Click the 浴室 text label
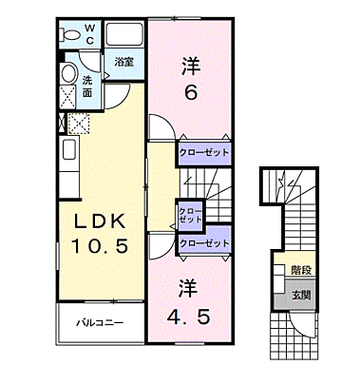pyautogui.click(x=124, y=62)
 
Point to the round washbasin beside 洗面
pyautogui.click(x=68, y=74)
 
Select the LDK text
pyautogui.click(x=94, y=221)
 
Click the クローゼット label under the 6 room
pyautogui.click(x=205, y=151)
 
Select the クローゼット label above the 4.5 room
pyautogui.click(x=205, y=243)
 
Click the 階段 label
pyautogui.click(x=299, y=270)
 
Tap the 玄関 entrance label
pyautogui.click(x=299, y=293)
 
